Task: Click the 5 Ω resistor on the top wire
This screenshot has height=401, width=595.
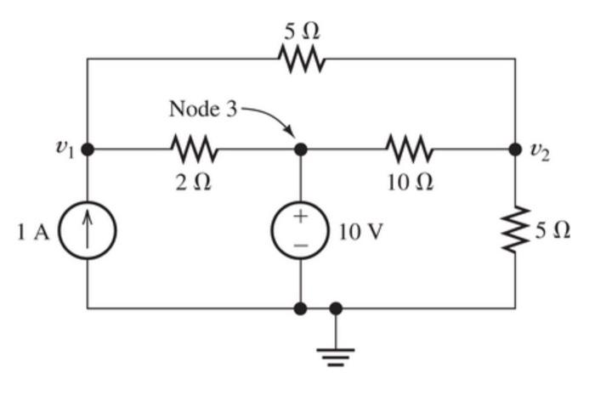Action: click(x=301, y=59)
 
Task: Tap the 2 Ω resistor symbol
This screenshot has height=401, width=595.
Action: click(x=195, y=150)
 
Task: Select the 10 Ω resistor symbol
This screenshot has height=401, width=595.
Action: click(x=411, y=150)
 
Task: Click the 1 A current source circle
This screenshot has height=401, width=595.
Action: click(x=88, y=230)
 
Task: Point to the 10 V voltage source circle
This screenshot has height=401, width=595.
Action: click(x=300, y=230)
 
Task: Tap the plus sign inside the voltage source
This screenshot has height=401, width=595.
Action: click(x=300, y=216)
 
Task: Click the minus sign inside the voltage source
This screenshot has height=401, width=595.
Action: click(x=300, y=246)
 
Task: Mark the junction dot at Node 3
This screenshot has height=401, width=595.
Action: click(x=300, y=150)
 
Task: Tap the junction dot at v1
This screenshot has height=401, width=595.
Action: click(x=88, y=150)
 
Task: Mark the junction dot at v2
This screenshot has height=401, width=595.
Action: click(x=515, y=150)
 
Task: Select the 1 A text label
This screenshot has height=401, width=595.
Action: click(x=34, y=232)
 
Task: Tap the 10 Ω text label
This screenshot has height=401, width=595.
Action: click(x=411, y=184)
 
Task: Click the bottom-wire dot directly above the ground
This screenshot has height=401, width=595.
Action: click(x=337, y=308)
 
